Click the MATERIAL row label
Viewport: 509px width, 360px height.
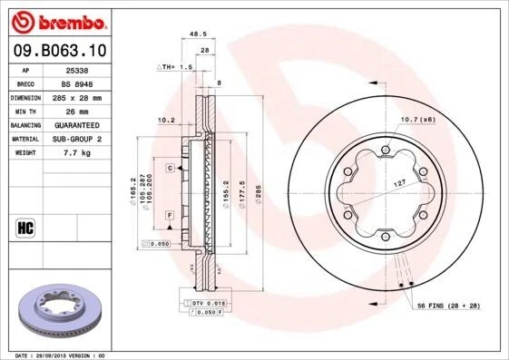[24, 139]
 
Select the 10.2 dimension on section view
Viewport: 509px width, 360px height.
[165, 119]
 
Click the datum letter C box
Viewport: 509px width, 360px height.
[169, 168]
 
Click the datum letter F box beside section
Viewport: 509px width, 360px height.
[169, 214]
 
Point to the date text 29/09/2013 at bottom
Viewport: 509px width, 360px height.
[54, 355]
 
